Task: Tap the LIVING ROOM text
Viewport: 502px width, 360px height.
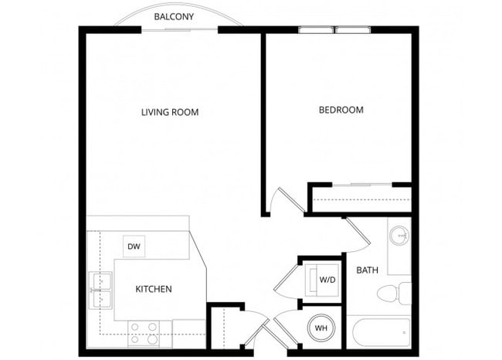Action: point(170,112)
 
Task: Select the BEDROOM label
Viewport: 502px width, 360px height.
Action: point(341,110)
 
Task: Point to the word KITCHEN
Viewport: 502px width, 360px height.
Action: point(154,289)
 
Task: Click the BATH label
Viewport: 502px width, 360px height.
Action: point(366,270)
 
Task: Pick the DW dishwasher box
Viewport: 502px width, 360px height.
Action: point(133,246)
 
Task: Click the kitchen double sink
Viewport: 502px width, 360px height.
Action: point(100,287)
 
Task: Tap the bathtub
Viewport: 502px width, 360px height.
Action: point(381,333)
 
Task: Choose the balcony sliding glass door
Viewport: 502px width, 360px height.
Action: point(179,30)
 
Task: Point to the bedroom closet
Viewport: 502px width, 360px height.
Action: point(360,199)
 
